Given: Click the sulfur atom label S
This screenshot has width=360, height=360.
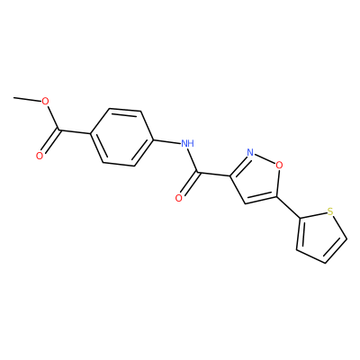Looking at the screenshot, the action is pos(330,211).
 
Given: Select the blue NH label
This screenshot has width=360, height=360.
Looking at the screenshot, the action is pos(187,143).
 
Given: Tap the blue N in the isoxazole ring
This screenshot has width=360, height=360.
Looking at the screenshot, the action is pos(250,153).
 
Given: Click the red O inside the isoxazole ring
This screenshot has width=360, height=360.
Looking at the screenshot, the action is pos(279,165).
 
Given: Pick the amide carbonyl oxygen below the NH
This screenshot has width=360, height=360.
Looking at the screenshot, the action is pos(179,198).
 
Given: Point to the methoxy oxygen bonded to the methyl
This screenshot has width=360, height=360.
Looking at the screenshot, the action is pos(45,102).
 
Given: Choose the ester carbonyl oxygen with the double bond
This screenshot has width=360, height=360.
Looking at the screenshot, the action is pos(40,156).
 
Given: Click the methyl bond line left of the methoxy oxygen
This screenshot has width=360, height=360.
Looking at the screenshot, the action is pos(27,99).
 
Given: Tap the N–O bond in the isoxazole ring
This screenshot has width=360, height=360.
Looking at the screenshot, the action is pos(265,158).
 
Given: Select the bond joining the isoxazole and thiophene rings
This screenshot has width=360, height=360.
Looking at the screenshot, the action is pos(287,207).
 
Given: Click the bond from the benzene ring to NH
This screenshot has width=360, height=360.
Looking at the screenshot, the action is pos(166,142).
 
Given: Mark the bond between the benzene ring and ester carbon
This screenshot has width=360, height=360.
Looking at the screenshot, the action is pos(76,132).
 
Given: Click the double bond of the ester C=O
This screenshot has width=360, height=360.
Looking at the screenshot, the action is pos(50,141).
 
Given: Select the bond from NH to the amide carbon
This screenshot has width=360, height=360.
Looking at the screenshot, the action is pos(193,161).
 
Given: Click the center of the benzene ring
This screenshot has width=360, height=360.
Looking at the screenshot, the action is pos(122,137).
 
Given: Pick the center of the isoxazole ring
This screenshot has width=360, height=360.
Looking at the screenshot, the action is pos(257,179).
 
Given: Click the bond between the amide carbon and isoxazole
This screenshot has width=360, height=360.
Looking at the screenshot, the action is pos(214,175).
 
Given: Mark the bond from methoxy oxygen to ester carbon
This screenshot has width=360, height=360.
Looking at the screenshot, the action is pos(52,118).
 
